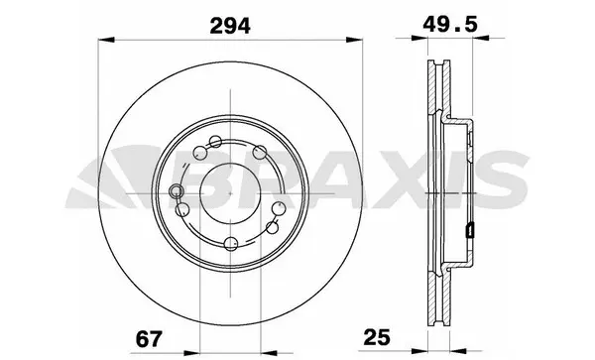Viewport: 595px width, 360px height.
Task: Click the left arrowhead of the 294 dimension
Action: [x=105, y=41]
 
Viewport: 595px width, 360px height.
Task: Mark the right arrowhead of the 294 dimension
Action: [x=353, y=41]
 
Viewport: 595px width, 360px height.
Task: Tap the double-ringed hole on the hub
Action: [x=178, y=191]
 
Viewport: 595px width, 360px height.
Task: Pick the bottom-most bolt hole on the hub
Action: [x=230, y=244]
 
